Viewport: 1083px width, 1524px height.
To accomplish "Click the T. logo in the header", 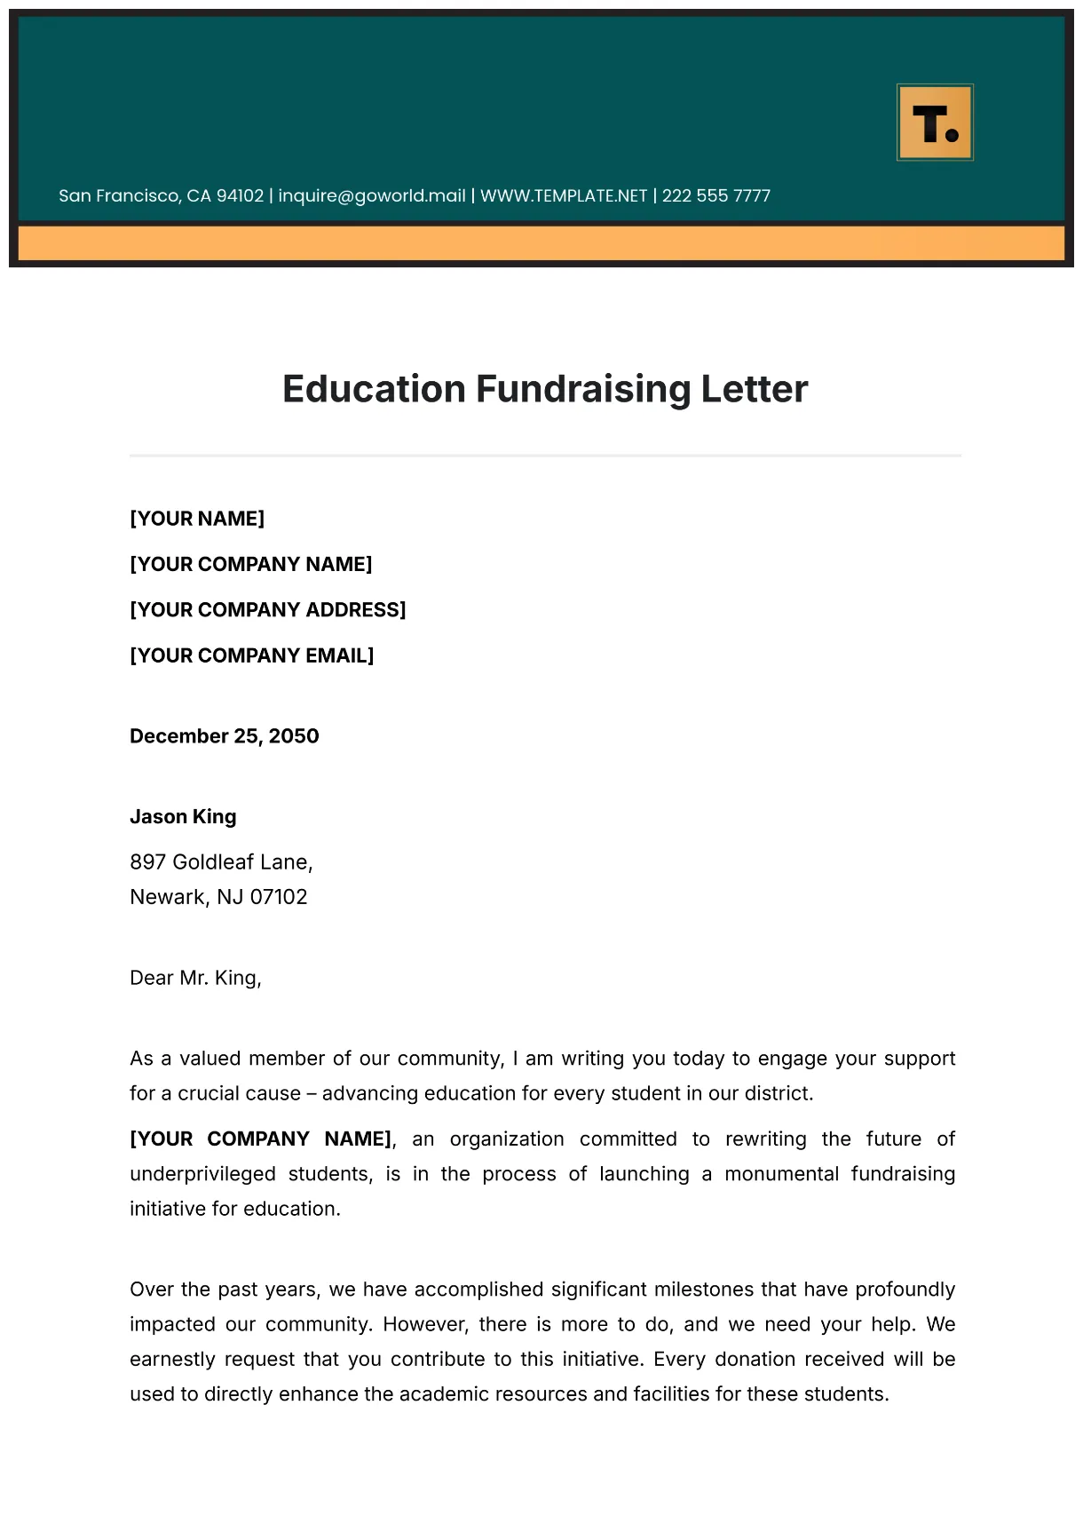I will (935, 123).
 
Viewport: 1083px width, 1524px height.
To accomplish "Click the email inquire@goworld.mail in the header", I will (372, 195).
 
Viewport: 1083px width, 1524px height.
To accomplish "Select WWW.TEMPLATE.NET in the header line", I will (564, 195).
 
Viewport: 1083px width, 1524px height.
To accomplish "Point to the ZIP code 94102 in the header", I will (240, 195).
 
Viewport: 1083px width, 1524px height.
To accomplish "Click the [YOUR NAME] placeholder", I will (197, 519).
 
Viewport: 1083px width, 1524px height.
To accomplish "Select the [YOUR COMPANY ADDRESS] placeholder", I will (267, 610).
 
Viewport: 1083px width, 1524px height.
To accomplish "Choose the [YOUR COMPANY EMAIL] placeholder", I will (251, 655).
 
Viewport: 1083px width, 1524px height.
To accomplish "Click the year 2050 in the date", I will (294, 736).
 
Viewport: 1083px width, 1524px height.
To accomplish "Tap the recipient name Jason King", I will (183, 817).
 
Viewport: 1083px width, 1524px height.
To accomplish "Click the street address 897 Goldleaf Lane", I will (221, 862).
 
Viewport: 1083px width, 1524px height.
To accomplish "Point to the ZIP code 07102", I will (279, 897).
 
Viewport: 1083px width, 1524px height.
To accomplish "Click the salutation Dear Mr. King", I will (195, 978).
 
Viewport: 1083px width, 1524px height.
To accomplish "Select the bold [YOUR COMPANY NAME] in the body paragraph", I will (260, 1139).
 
